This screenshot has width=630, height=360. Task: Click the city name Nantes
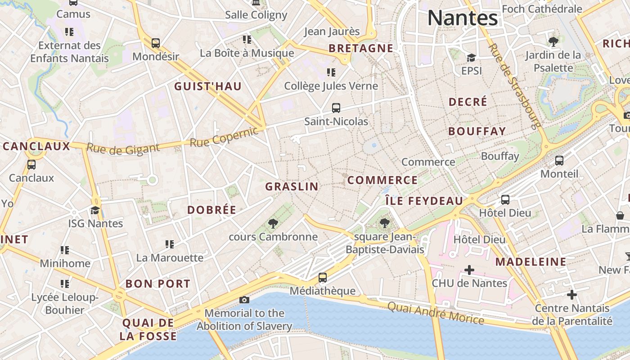463,18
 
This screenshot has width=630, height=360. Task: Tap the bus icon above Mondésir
156,43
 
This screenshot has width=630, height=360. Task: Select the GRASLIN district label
292,186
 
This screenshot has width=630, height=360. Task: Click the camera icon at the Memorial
244,300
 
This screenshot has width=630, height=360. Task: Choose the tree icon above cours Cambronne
273,223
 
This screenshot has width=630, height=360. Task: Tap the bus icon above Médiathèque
323,278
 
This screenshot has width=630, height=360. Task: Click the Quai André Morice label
436,313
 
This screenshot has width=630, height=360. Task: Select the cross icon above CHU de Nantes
469,270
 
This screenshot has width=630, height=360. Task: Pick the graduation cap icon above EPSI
471,58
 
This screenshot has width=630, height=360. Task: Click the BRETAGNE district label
361,48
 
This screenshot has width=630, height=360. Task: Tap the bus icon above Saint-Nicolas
336,108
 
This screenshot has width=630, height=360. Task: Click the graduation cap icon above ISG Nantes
95,210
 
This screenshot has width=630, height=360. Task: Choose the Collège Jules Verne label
331,85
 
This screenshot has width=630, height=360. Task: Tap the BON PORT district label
158,284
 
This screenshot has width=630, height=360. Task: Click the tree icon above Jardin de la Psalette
553,42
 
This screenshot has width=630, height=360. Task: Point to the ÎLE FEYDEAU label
424,201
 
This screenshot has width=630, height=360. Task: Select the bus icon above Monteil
559,161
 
